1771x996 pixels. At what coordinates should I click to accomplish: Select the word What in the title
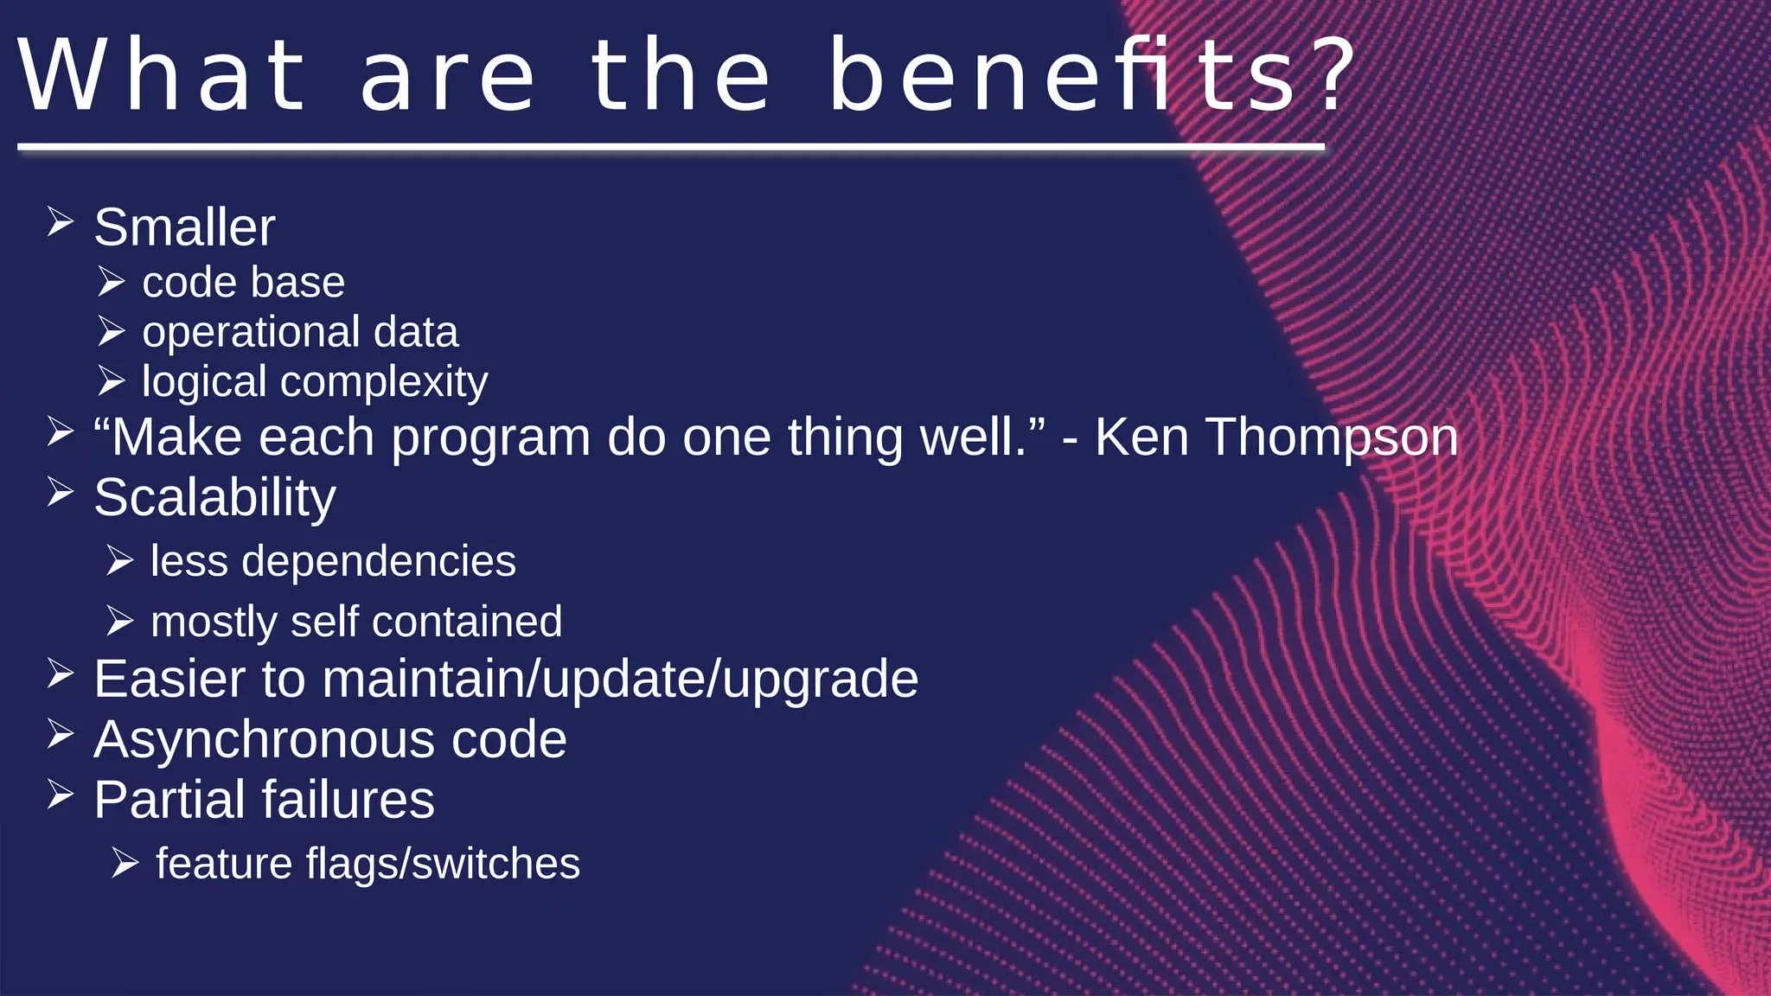click(x=163, y=76)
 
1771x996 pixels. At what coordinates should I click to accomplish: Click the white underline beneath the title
click(x=671, y=148)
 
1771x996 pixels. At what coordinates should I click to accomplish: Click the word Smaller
click(x=184, y=227)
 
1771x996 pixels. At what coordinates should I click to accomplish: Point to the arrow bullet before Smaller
click(x=61, y=222)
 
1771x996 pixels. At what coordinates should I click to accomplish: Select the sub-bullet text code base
click(x=243, y=283)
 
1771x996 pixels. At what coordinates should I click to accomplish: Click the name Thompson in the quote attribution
click(x=1332, y=437)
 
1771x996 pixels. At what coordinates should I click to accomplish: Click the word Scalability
click(x=214, y=499)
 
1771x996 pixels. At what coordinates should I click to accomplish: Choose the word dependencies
click(x=378, y=562)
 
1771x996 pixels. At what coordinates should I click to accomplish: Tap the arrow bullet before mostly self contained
click(x=120, y=621)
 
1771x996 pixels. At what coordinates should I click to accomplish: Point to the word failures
click(x=348, y=800)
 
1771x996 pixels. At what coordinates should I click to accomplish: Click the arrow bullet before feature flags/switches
click(x=125, y=863)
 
